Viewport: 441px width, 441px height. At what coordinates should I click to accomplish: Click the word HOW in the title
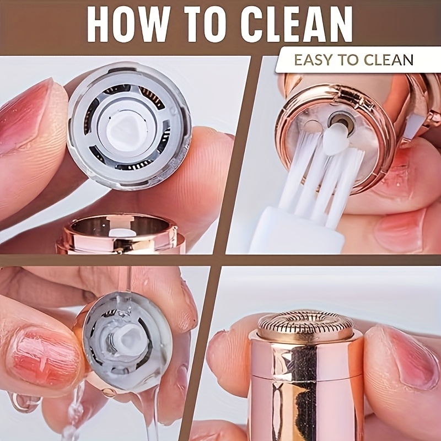(128, 24)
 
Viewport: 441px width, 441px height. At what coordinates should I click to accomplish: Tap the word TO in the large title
(208, 24)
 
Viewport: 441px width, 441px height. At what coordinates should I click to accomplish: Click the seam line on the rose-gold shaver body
(307, 377)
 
